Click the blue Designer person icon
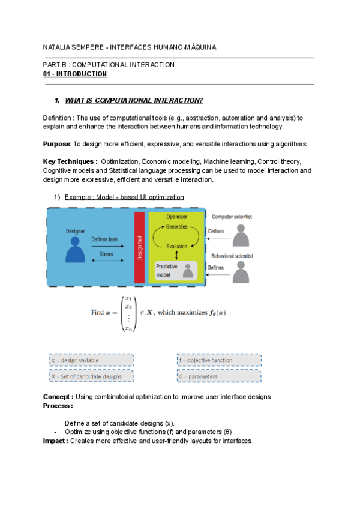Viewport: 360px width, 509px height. (x=76, y=248)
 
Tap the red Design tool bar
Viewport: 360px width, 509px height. (x=139, y=247)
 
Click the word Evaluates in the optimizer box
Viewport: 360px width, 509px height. (x=177, y=246)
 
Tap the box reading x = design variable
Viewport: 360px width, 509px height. (x=91, y=360)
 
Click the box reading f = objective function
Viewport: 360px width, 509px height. (x=219, y=360)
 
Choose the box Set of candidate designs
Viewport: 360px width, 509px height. (x=91, y=376)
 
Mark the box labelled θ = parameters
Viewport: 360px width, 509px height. (x=219, y=376)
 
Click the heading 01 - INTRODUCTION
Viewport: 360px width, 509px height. (x=75, y=74)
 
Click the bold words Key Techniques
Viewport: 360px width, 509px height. (x=70, y=161)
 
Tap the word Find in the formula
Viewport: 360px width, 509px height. (x=97, y=312)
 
